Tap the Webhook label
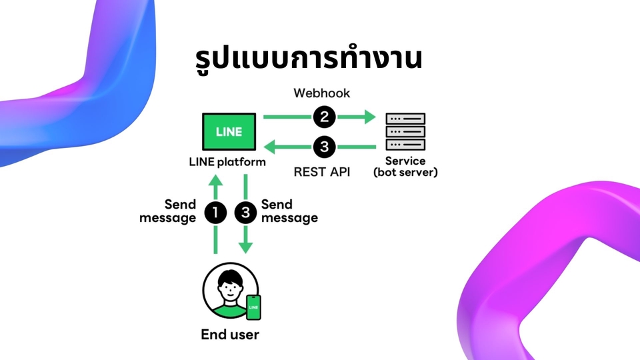tap(322, 93)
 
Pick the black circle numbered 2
tap(323, 118)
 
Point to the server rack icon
tap(405, 132)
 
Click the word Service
tap(405, 161)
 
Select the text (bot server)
tap(405, 173)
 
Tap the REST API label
tap(322, 171)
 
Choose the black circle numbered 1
tap(215, 212)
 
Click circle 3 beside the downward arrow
tap(246, 212)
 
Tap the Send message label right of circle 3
tap(289, 211)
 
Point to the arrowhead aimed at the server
tap(369, 118)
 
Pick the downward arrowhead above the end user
tap(246, 247)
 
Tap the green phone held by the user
tap(253, 308)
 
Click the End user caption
tap(230, 335)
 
